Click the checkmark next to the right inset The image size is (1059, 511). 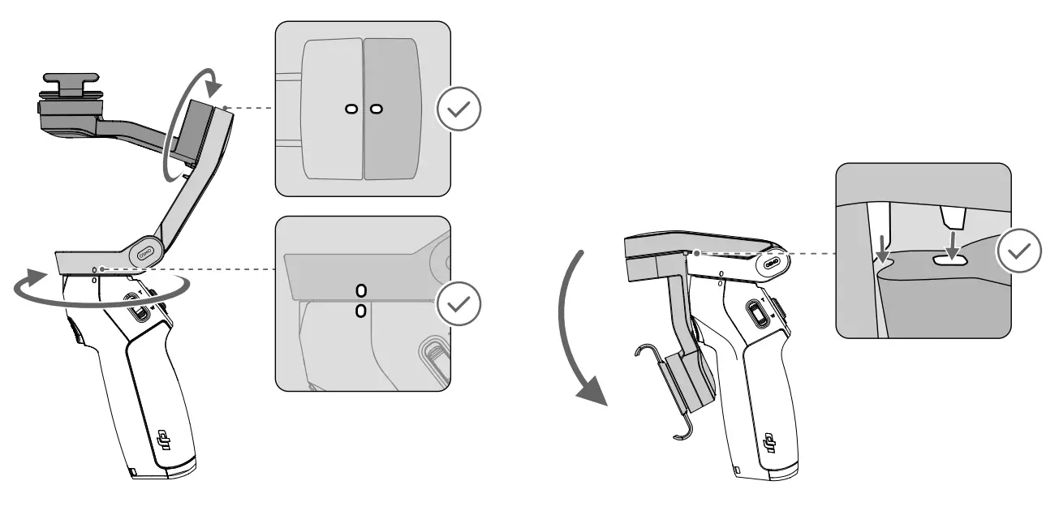click(1020, 251)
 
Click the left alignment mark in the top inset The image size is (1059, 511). click(350, 109)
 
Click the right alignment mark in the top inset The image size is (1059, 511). click(376, 109)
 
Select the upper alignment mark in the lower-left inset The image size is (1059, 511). click(360, 290)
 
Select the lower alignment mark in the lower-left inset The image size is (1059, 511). click(360, 310)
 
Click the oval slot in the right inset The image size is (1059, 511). click(952, 260)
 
